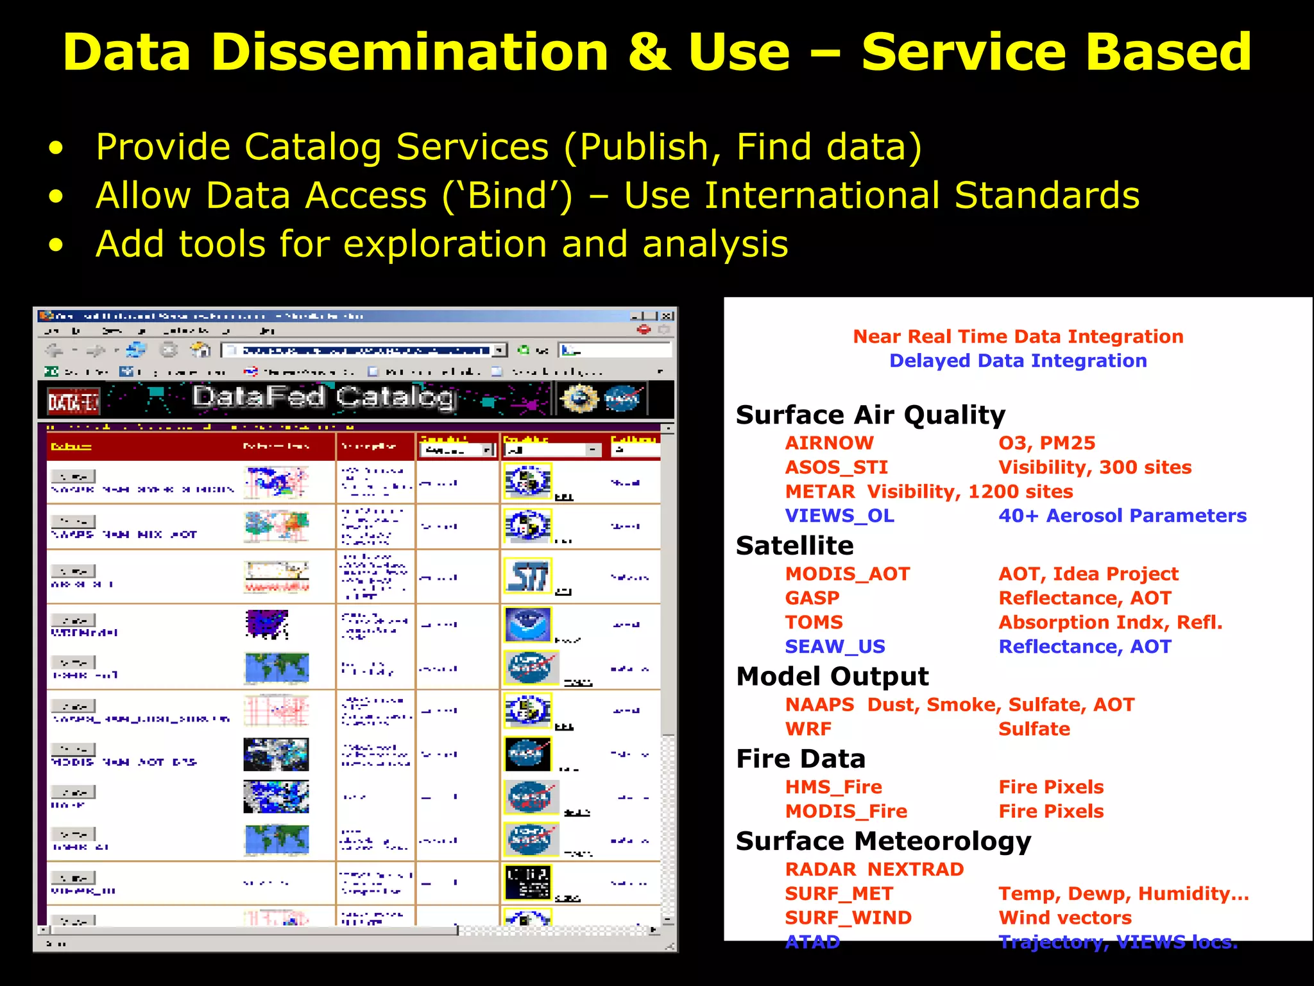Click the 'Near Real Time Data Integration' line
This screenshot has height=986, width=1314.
[x=1018, y=336]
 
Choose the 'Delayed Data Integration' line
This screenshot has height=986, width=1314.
[x=1018, y=361]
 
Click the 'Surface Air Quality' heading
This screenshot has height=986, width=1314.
[x=870, y=415]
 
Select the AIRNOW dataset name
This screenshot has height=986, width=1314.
[x=829, y=443]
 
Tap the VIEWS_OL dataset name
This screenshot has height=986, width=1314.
[x=839, y=515]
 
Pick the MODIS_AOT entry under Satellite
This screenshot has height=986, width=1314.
[x=847, y=574]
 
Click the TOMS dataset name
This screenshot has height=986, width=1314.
[x=814, y=622]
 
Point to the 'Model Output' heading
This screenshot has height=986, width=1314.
[x=832, y=677]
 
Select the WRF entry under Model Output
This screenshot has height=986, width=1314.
[x=808, y=729]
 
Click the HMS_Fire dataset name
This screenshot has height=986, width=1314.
[x=833, y=787]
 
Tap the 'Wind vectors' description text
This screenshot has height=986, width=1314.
[x=1064, y=918]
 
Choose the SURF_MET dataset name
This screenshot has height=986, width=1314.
[x=839, y=894]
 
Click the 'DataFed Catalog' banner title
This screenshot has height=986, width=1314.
[x=324, y=398]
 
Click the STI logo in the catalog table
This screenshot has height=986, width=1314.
[x=527, y=576]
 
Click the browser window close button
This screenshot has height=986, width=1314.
[x=667, y=316]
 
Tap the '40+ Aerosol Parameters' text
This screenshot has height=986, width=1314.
[x=1122, y=515]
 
